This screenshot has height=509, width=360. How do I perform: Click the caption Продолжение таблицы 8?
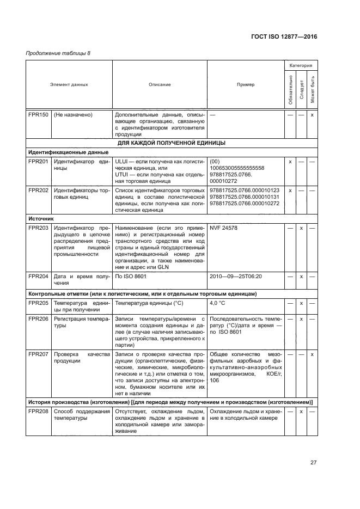click(x=58, y=53)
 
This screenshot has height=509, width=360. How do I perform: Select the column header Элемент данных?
click(x=69, y=84)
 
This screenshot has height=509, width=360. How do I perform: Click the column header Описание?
click(x=160, y=84)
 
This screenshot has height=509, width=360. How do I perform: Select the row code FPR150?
click(x=38, y=115)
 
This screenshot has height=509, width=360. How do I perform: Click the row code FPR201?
click(x=38, y=162)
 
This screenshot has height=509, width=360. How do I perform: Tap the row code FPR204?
click(x=38, y=277)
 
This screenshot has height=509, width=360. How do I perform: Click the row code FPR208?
click(x=38, y=412)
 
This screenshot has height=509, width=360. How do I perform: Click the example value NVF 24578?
click(x=223, y=228)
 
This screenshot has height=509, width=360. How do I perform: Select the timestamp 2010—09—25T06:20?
click(x=236, y=277)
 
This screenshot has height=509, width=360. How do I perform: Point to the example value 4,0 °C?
click(x=218, y=303)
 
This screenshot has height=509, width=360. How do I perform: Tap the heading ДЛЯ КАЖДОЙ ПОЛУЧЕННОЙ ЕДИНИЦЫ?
click(x=172, y=143)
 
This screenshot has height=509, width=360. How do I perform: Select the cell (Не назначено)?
click(x=74, y=115)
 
